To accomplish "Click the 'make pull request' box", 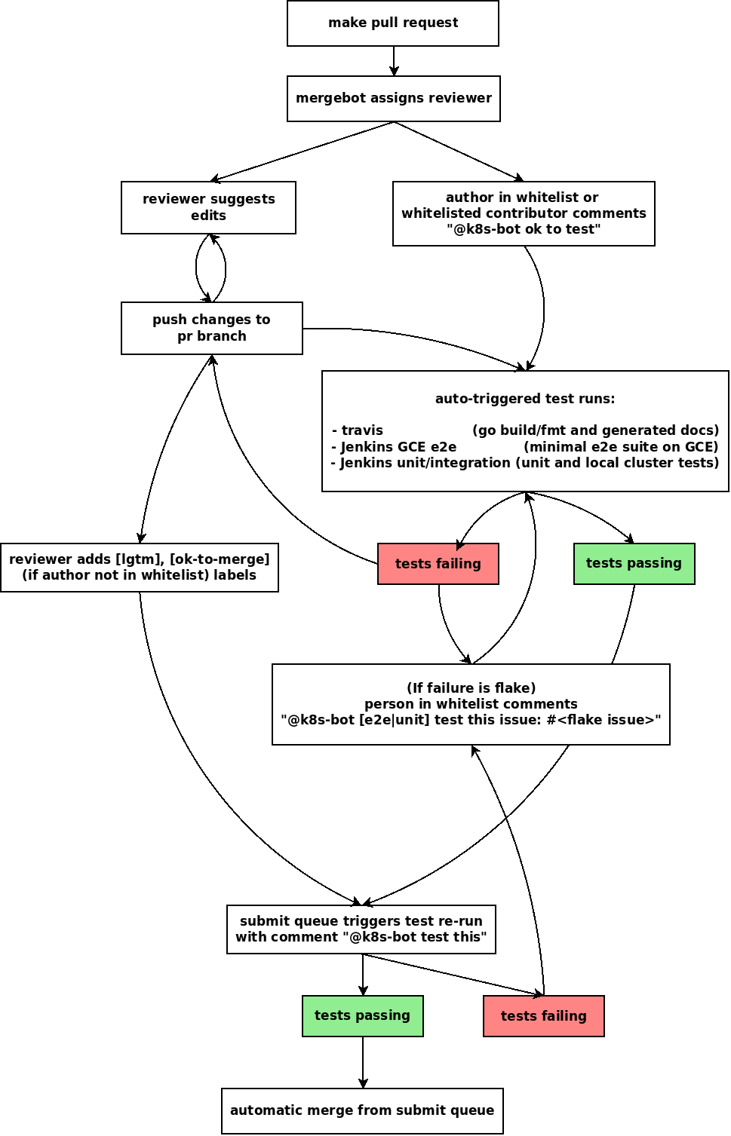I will pyautogui.click(x=392, y=23).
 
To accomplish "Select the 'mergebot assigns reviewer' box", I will pyautogui.click(x=393, y=98).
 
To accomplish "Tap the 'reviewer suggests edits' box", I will pyautogui.click(x=208, y=207).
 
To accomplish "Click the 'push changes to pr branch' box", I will pyautogui.click(x=211, y=328).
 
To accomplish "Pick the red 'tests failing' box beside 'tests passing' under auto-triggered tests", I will pyautogui.click(x=438, y=564).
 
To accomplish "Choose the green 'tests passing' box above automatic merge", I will pyautogui.click(x=362, y=1015).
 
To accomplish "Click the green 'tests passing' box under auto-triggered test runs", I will pyautogui.click(x=634, y=563).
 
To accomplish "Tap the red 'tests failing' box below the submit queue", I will pyautogui.click(x=543, y=1016).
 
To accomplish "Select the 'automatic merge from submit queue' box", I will pyautogui.click(x=362, y=1110).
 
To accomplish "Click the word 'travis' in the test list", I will pyautogui.click(x=362, y=430).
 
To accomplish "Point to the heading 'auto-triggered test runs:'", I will pyautogui.click(x=525, y=399).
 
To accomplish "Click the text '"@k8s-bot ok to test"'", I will pyautogui.click(x=524, y=229).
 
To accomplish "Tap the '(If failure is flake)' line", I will pyautogui.click(x=471, y=687).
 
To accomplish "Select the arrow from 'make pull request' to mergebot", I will pyautogui.click(x=393, y=61).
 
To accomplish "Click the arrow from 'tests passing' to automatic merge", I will pyautogui.click(x=363, y=1062).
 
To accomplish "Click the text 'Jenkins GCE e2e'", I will pyautogui.click(x=398, y=447).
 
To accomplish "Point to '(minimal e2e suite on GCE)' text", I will pyautogui.click(x=621, y=447).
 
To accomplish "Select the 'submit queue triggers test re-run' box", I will pyautogui.click(x=361, y=929).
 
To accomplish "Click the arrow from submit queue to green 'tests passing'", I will pyautogui.click(x=363, y=975).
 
